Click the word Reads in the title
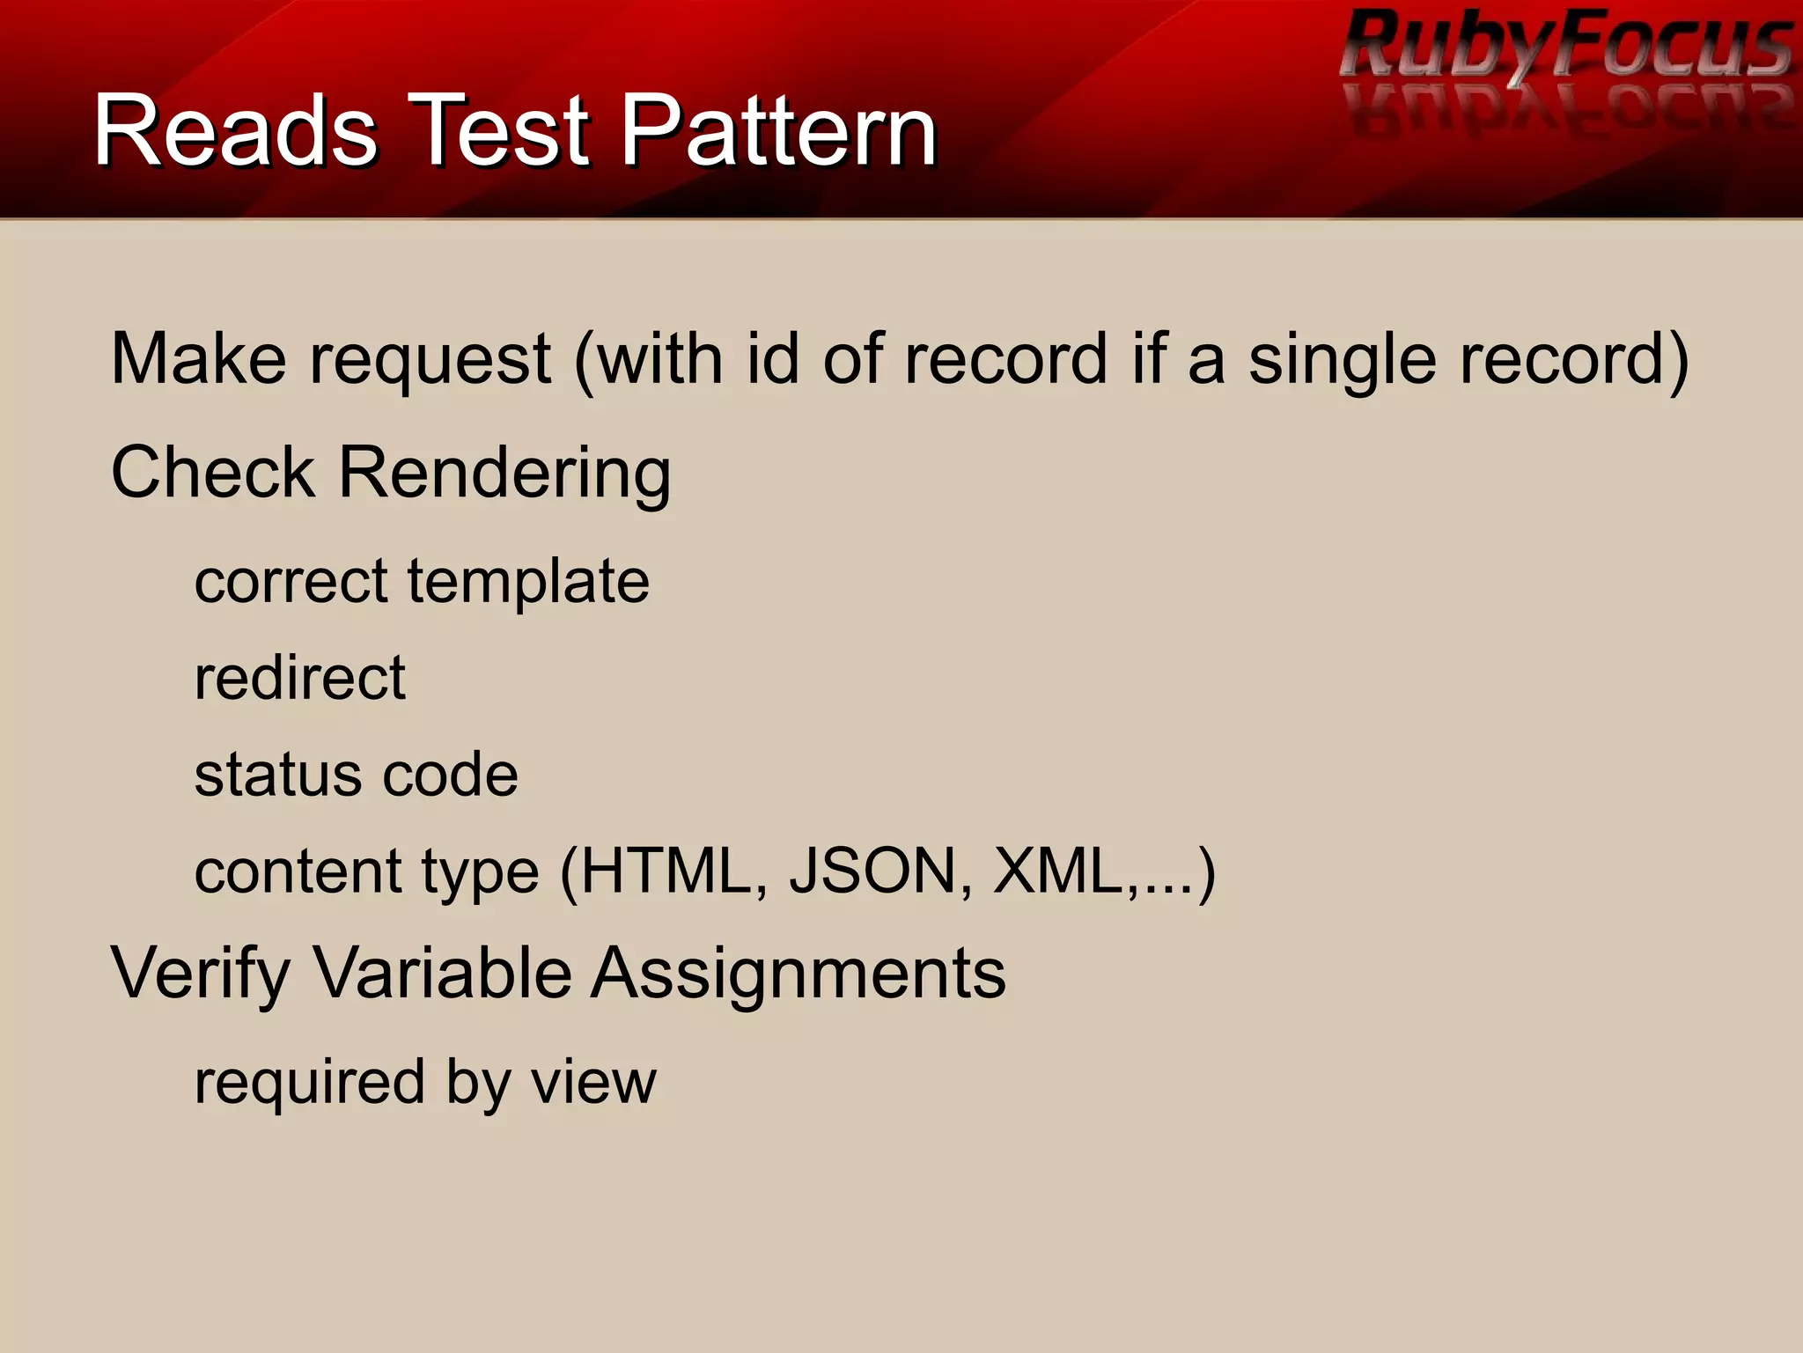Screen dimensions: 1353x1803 [236, 132]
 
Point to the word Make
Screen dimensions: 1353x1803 [199, 359]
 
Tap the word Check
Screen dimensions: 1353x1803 [213, 472]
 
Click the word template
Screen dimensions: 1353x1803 [528, 583]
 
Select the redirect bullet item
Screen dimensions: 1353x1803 [299, 678]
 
